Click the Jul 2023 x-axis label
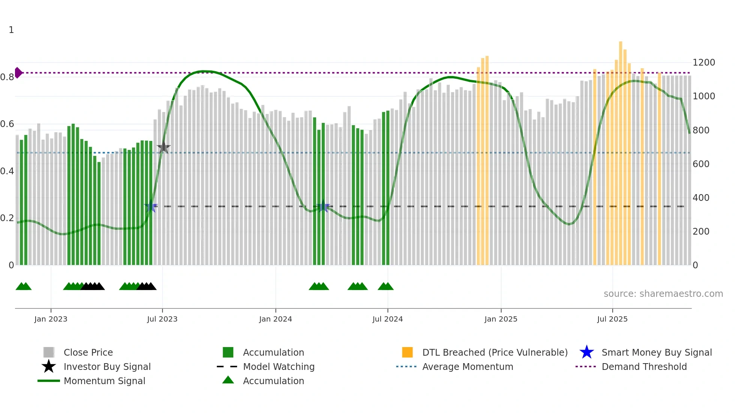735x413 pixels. [162, 319]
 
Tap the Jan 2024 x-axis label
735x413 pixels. [275, 319]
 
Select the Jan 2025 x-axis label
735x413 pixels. [501, 319]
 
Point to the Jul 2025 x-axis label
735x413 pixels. [612, 319]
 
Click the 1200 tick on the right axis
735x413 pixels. [703, 63]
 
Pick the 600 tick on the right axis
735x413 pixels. [701, 164]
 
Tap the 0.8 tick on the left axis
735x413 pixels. [7, 77]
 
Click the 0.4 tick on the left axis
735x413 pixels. [7, 171]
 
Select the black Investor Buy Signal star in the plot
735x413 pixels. [163, 147]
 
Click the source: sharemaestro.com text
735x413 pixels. [663, 294]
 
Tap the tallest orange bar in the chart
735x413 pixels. [621, 150]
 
